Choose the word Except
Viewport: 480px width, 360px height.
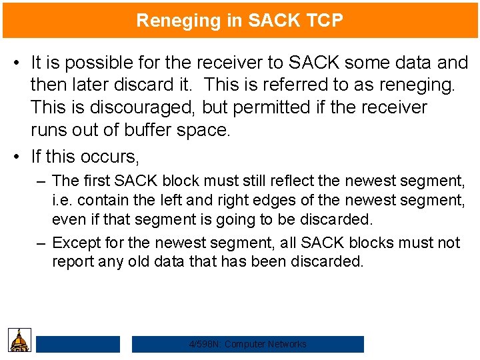click(73, 243)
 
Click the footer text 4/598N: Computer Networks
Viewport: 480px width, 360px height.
click(248, 344)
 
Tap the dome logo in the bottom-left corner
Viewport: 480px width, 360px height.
click(19, 339)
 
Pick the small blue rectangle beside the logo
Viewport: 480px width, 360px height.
click(78, 344)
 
